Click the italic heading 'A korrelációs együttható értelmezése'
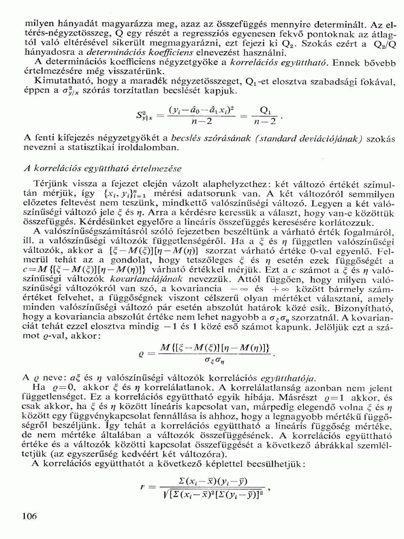tap(102, 169)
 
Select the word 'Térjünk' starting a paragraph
tap(49, 184)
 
